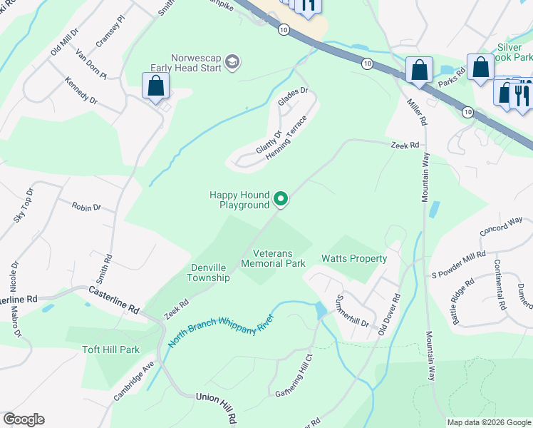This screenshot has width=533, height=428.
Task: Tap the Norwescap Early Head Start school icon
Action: point(232,63)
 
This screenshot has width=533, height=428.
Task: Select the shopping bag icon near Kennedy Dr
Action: point(155,88)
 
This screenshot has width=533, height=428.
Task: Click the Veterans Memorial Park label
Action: point(273,258)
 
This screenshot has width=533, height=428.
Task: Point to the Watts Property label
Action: point(354,258)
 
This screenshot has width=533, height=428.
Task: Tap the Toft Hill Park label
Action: point(110,350)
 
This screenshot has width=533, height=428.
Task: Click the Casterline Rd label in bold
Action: point(113,300)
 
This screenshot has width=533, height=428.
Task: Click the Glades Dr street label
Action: point(292,97)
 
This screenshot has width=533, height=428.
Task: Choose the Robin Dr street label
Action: point(86,206)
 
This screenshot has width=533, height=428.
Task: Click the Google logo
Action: point(24,419)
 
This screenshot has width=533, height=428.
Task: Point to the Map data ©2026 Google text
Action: point(488,422)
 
